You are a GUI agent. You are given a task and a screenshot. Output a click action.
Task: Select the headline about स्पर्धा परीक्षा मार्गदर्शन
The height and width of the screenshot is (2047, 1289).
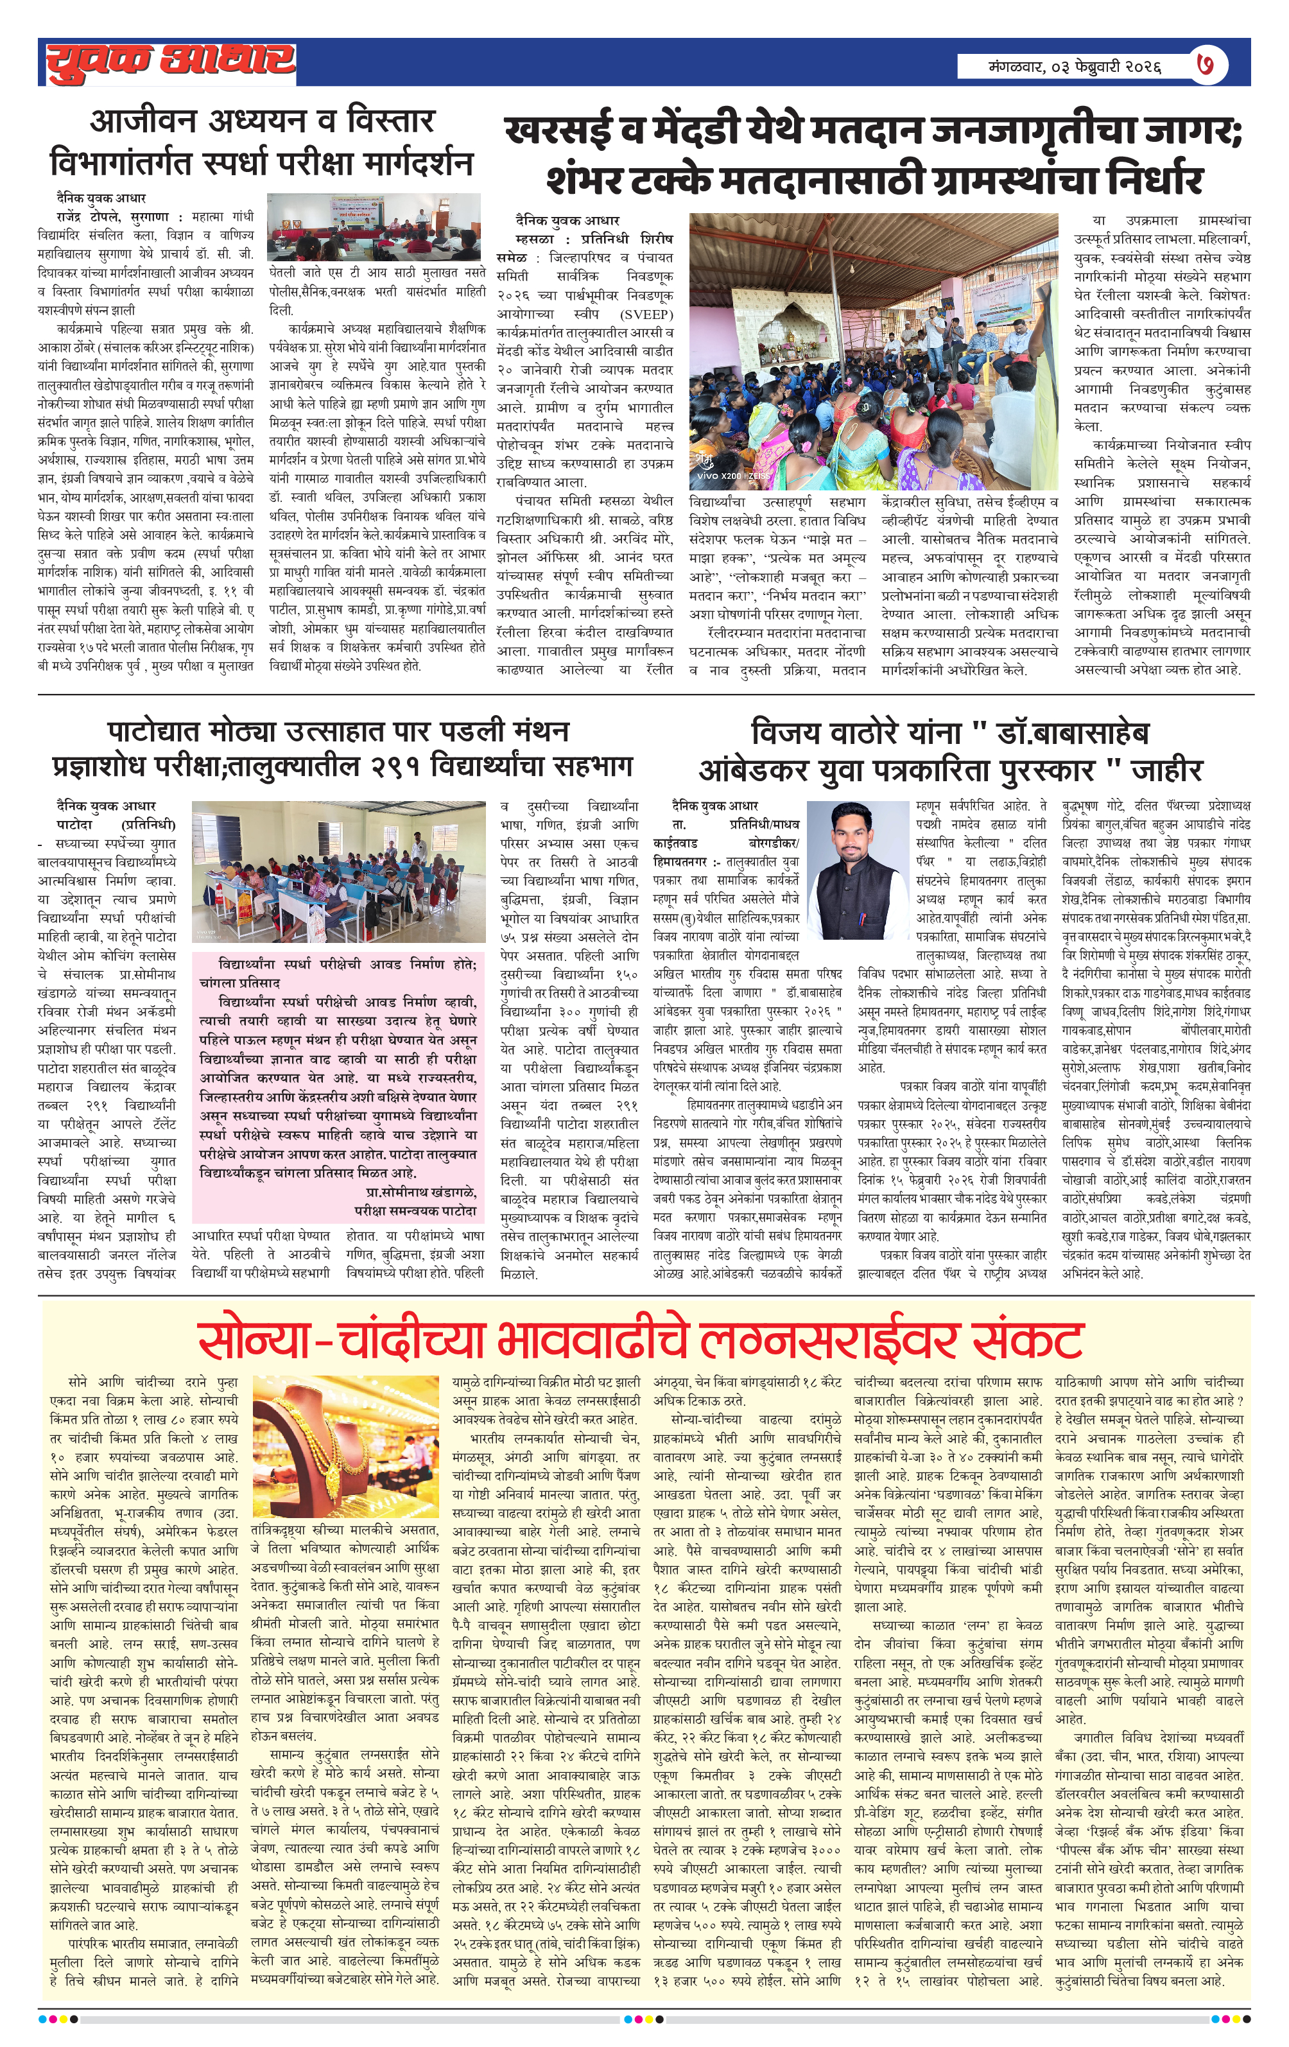point(262,141)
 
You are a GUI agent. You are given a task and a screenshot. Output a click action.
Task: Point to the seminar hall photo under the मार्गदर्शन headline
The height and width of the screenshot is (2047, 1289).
point(377,227)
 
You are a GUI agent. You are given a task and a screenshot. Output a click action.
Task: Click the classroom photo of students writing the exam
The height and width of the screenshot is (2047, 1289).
point(340,872)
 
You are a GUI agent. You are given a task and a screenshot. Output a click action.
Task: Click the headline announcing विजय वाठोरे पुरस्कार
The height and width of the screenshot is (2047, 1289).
point(950,750)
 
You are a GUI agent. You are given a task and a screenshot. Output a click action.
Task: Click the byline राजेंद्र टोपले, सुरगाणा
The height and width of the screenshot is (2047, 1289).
point(114,217)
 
